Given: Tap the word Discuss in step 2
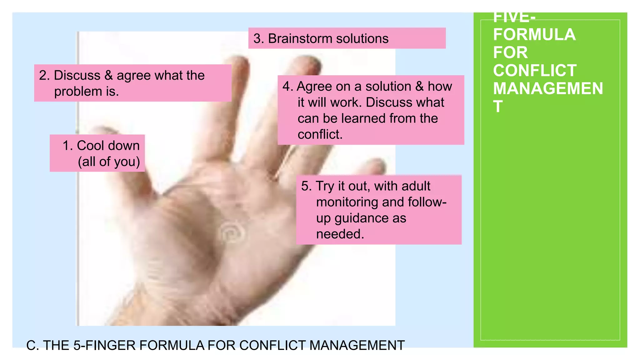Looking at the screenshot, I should (x=77, y=75).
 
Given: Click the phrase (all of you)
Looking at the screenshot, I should (x=109, y=162).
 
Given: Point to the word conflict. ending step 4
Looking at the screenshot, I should (x=320, y=135).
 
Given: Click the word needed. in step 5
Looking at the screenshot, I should (x=340, y=234).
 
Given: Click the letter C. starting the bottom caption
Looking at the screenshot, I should (x=32, y=346).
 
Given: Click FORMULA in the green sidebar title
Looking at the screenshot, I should (x=534, y=35).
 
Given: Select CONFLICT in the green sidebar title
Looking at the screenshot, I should (x=535, y=71).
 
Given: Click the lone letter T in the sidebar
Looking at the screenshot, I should (x=498, y=107).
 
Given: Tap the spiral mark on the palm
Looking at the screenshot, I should (x=231, y=233).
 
